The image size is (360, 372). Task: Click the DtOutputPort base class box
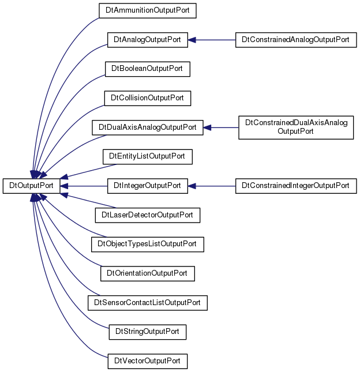[x=31, y=186]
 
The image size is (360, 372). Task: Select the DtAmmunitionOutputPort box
[x=147, y=10]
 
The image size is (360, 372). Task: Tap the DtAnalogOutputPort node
[x=147, y=40]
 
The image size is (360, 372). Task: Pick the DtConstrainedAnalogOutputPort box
[x=296, y=40]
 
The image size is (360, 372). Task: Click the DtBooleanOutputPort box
[x=147, y=69]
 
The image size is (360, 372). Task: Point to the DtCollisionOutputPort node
[x=147, y=98]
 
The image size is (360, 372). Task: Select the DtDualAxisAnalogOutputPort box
[x=147, y=127]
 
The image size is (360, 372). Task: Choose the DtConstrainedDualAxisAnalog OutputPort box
[x=296, y=127]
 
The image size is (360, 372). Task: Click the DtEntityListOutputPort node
[x=147, y=156]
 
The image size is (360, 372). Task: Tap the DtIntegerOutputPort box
[x=147, y=186]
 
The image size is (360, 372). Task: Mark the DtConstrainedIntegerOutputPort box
[x=296, y=186]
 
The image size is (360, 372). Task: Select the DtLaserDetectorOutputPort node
[x=147, y=215]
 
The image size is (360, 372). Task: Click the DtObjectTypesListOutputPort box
[x=147, y=245]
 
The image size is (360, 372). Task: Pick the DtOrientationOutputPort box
[x=147, y=273]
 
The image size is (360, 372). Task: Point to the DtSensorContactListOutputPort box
[x=147, y=303]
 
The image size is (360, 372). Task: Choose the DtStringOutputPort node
[x=147, y=332]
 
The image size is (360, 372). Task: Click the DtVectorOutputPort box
[x=147, y=361]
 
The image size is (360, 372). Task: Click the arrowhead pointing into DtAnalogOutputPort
[x=192, y=40]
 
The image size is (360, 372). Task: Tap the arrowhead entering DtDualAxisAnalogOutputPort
[x=207, y=127]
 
